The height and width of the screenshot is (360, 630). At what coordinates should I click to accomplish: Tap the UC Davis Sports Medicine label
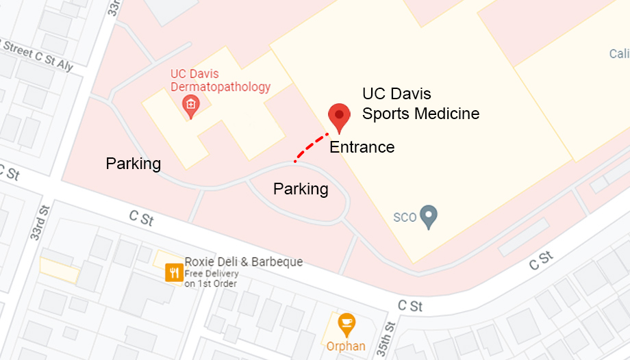point(420,103)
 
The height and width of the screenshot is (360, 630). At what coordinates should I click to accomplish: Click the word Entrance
point(362,147)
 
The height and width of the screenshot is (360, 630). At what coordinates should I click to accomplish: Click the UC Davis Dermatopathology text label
point(220,80)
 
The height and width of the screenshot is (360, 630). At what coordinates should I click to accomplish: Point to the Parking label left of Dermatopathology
point(133,164)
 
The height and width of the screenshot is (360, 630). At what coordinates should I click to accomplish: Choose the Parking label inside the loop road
point(301,189)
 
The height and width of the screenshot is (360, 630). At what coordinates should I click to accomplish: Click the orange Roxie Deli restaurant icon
point(174,273)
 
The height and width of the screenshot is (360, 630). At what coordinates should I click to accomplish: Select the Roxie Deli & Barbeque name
point(243,262)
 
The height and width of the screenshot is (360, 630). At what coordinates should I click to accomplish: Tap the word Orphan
point(346,346)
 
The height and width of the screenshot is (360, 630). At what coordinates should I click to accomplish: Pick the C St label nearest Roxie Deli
point(141,218)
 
